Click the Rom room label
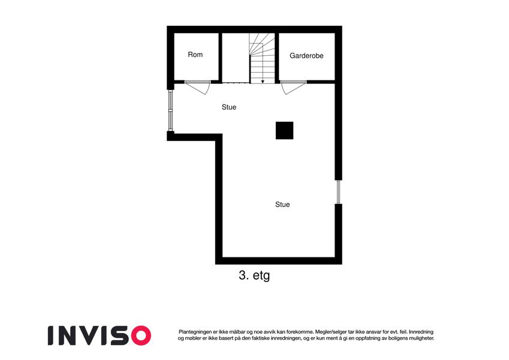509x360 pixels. click(x=195, y=55)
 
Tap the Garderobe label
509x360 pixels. click(x=306, y=56)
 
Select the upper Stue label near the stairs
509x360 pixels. click(x=229, y=107)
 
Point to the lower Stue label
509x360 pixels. click(x=282, y=205)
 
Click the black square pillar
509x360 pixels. click(x=284, y=131)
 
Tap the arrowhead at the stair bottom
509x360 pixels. click(x=263, y=82)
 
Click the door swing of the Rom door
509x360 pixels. click(x=202, y=89)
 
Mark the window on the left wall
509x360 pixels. click(x=170, y=110)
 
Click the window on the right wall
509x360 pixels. click(x=338, y=192)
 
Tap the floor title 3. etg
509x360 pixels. click(x=254, y=275)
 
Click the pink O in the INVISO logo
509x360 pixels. click(x=141, y=335)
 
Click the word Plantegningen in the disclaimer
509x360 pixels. click(x=195, y=332)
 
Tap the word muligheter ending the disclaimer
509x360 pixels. click(x=421, y=338)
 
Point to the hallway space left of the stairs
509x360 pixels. click(x=236, y=58)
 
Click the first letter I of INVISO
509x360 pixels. click(x=51, y=335)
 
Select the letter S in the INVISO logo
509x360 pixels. click(x=121, y=335)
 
